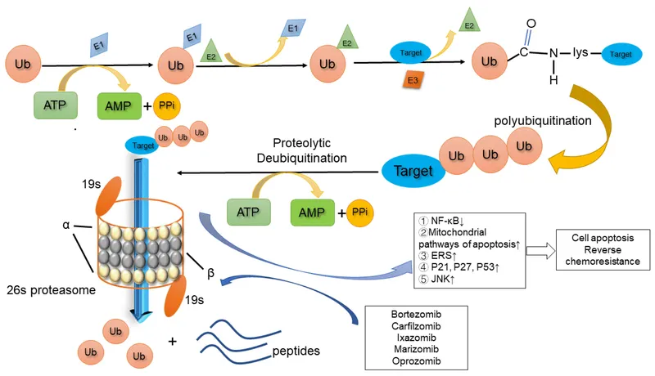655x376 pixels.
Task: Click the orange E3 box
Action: coord(413,80)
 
